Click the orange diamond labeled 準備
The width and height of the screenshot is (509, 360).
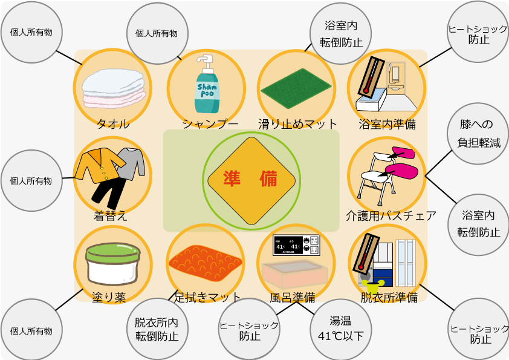pyautogui.click(x=251, y=181)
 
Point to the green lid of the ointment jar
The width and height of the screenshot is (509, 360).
pyautogui.click(x=112, y=253)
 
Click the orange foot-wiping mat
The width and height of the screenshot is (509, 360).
pyautogui.click(x=205, y=263)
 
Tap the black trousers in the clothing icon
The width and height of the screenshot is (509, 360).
pyautogui.click(x=109, y=192)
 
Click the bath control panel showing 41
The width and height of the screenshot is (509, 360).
pyautogui.click(x=296, y=245)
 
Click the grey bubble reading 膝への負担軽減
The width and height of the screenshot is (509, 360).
pyautogui.click(x=478, y=134)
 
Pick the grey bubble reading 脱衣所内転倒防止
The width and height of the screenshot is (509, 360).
pyautogui.click(x=157, y=329)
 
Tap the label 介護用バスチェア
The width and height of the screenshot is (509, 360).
pyautogui.click(x=391, y=216)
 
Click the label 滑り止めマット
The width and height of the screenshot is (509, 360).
pyautogui.click(x=297, y=124)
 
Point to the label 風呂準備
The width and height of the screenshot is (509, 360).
pyautogui.click(x=293, y=297)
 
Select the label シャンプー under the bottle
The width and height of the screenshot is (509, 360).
pyautogui.click(x=210, y=124)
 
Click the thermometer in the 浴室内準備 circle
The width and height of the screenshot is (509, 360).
pyautogui.click(x=371, y=76)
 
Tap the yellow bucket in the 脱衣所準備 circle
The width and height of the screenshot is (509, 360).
pyautogui.click(x=375, y=287)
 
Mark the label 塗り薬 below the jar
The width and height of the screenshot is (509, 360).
pyautogui.click(x=109, y=297)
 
